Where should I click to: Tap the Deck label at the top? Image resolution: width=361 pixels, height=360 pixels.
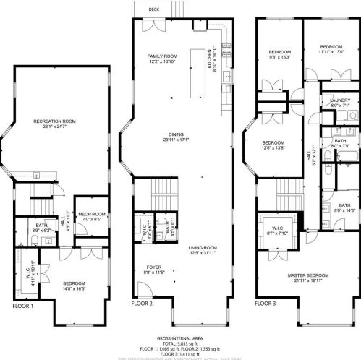coord(154,9)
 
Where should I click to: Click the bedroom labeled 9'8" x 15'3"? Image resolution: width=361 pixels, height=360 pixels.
coord(280,53)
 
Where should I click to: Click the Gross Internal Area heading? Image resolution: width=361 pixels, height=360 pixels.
coord(180,338)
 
